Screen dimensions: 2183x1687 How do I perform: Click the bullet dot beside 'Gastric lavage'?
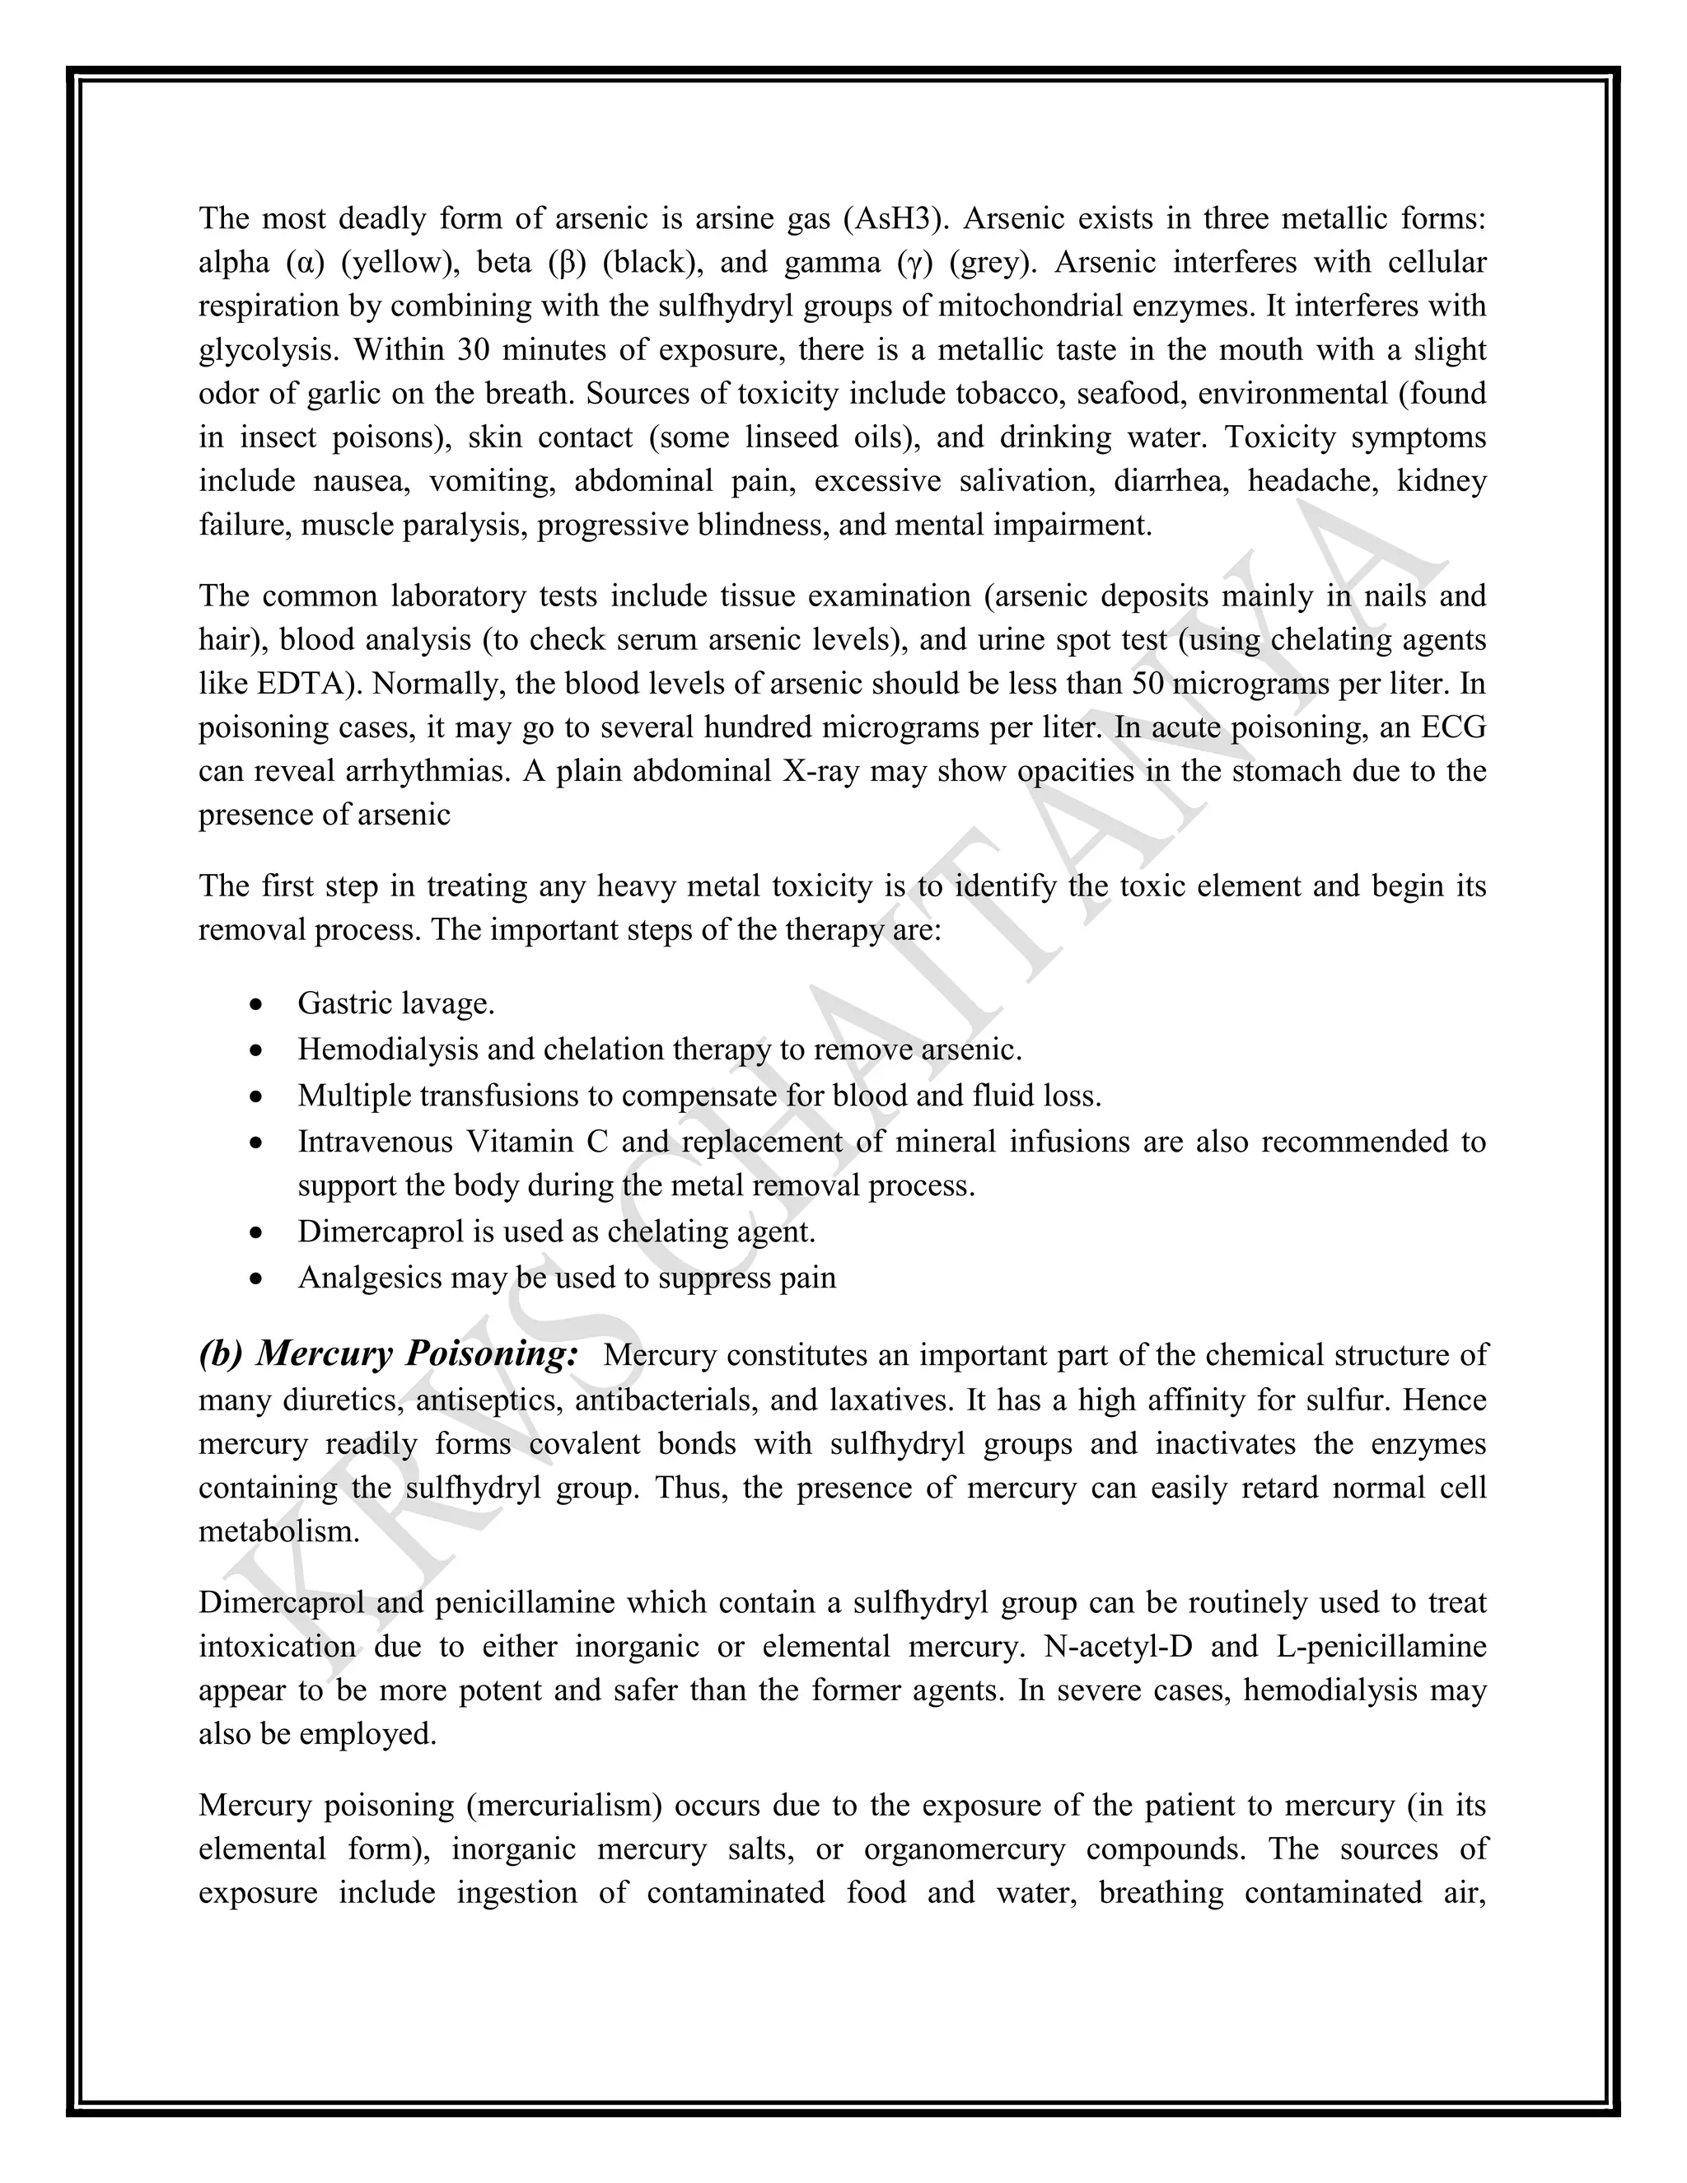pos(258,1003)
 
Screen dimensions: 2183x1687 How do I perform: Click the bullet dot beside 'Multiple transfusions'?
pos(258,1096)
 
